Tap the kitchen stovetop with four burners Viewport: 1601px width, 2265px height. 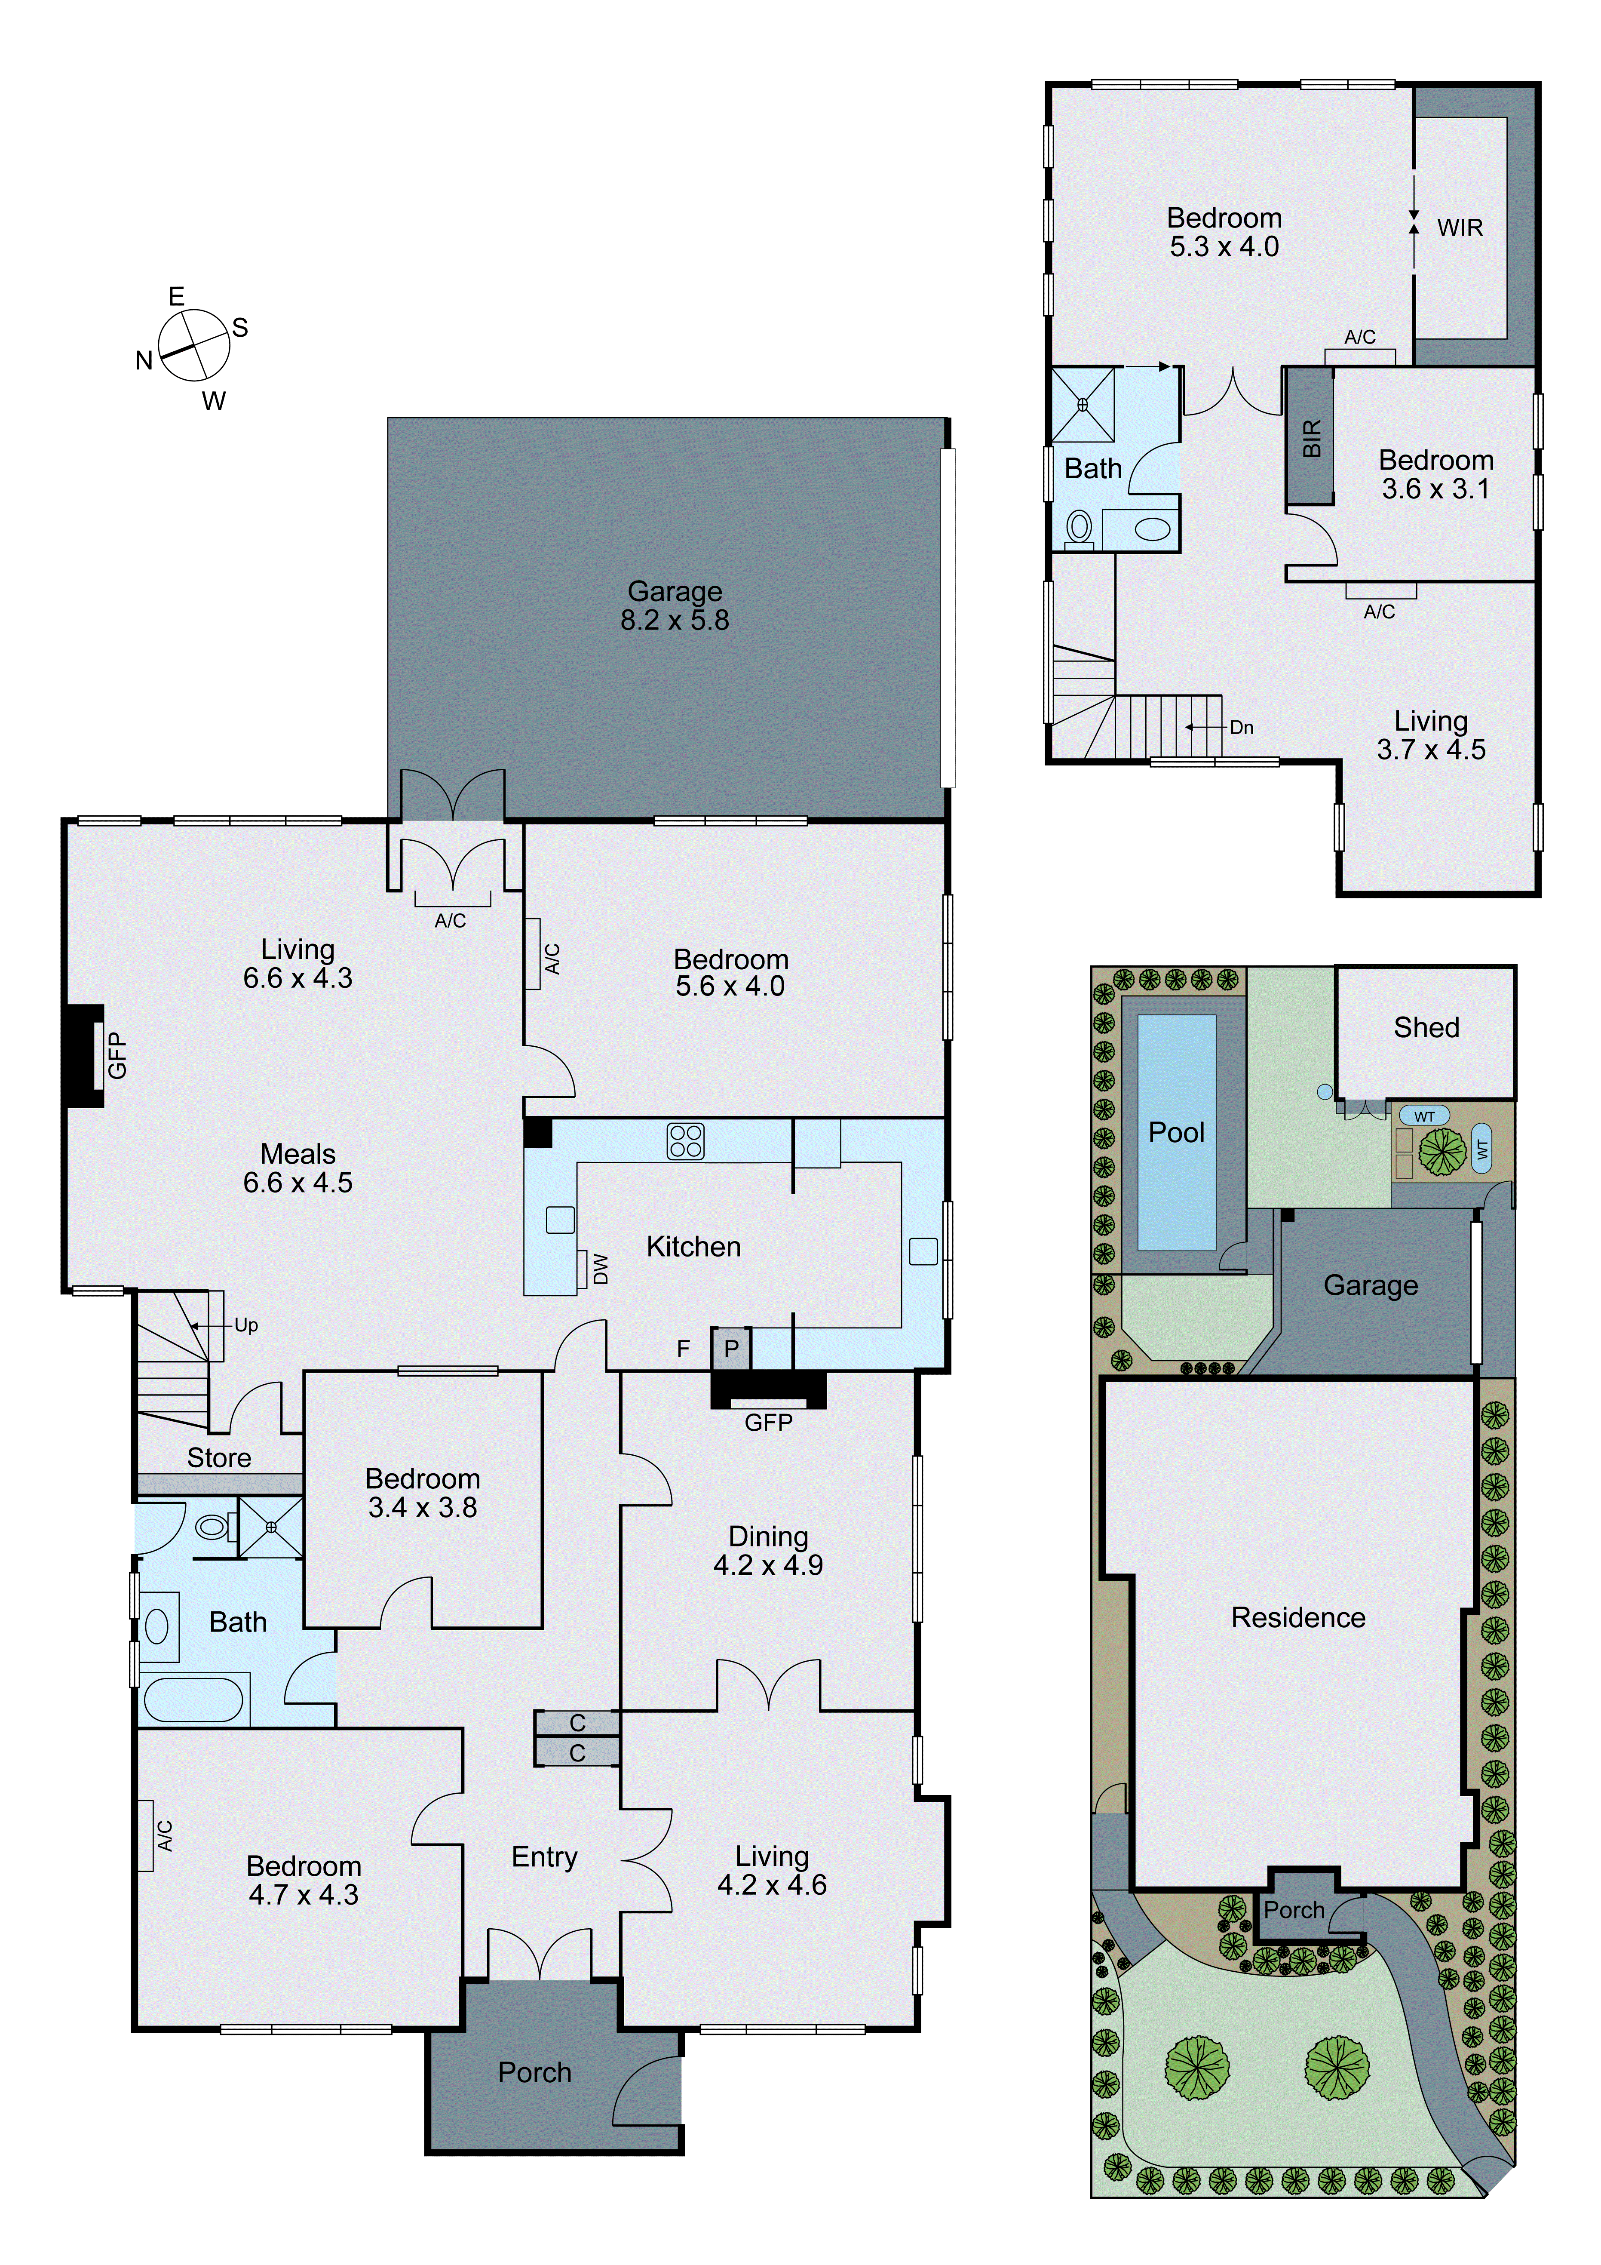click(x=686, y=1141)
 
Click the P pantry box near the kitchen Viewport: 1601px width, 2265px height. click(x=731, y=1349)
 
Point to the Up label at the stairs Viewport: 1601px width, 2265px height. click(x=245, y=1325)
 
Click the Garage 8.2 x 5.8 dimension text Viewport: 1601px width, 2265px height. click(x=675, y=621)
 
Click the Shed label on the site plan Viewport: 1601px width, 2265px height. click(x=1426, y=1028)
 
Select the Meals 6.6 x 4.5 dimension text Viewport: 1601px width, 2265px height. click(x=298, y=1183)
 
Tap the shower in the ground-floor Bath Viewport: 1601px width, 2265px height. click(x=270, y=1527)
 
